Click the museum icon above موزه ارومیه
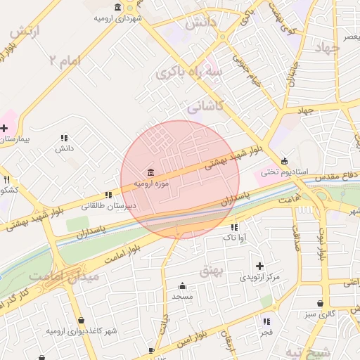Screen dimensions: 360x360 (150, 173)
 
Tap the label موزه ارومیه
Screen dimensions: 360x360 (153, 184)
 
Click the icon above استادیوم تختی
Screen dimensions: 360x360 (284, 160)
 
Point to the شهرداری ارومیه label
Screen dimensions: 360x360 (117, 18)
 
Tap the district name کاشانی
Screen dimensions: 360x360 (205, 108)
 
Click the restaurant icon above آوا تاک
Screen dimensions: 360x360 (234, 227)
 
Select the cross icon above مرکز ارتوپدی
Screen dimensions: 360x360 (259, 266)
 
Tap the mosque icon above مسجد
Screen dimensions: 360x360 (182, 285)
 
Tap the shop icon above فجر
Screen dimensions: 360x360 (265, 320)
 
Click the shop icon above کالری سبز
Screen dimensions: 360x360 (321, 304)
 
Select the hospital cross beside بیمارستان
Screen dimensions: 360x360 (4, 128)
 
